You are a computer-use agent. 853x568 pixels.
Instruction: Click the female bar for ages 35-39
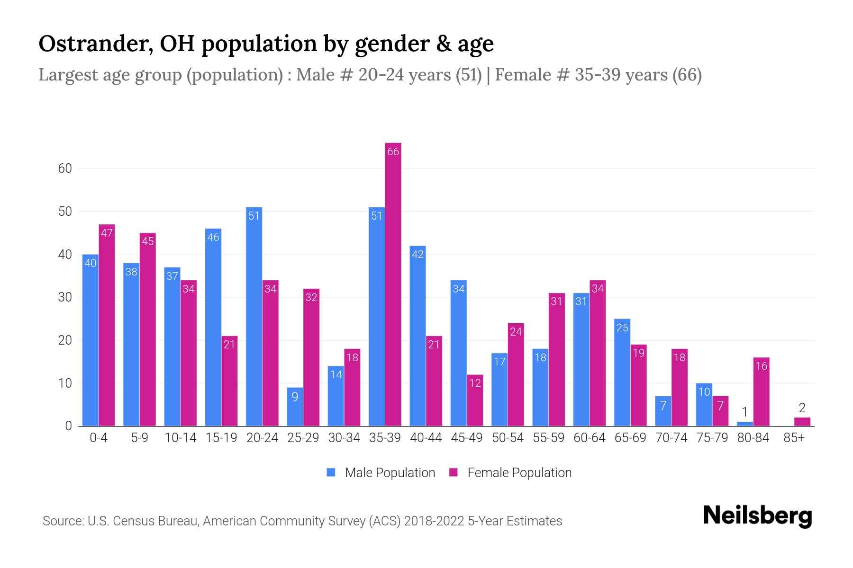[393, 284]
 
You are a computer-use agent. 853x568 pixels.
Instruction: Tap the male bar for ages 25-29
[295, 407]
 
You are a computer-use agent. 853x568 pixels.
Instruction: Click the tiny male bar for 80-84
[744, 424]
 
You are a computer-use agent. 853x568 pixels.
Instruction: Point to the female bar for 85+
[802, 422]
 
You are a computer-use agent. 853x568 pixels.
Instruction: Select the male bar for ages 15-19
[213, 327]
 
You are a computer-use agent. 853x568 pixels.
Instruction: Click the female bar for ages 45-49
[475, 400]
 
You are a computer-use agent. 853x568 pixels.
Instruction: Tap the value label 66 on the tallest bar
[393, 152]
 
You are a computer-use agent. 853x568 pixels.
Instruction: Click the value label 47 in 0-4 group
[107, 233]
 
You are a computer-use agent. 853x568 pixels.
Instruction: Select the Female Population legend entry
[510, 472]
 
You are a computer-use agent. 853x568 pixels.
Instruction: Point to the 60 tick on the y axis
[65, 169]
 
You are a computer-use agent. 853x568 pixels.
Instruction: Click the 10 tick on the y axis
[65, 383]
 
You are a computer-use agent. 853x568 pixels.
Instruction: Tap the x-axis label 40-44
[426, 438]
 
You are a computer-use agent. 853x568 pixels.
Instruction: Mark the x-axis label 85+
[794, 438]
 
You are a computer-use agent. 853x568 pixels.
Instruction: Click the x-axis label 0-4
[99, 438]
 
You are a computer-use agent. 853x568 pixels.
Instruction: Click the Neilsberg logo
[757, 516]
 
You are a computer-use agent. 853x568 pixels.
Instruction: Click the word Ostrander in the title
[95, 44]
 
